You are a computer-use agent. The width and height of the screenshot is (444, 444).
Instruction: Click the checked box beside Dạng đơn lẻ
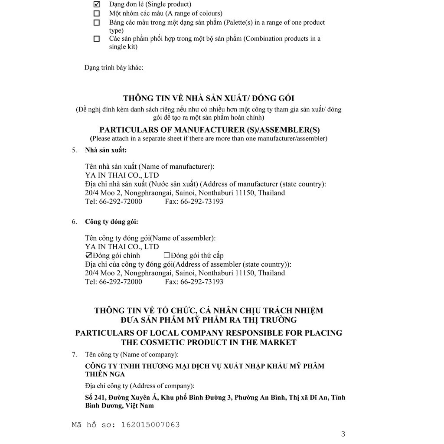[97, 4]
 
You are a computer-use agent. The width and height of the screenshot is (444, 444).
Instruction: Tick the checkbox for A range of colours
[97, 13]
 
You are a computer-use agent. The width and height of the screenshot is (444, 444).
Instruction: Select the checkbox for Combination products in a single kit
[97, 39]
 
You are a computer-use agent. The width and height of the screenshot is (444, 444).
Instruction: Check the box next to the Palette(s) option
[97, 23]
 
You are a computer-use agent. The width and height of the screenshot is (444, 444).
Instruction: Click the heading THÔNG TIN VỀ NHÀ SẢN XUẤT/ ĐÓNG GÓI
[209, 99]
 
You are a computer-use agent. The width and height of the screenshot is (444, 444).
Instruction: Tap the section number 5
[74, 150]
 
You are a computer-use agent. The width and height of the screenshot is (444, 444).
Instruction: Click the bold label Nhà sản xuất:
[106, 150]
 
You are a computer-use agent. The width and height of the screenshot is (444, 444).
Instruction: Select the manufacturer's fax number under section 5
[202, 202]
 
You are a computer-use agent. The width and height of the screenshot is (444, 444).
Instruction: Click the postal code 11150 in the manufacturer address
[246, 193]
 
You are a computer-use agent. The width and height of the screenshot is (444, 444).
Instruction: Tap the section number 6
[74, 222]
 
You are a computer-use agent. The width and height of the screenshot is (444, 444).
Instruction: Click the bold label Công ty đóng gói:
[111, 222]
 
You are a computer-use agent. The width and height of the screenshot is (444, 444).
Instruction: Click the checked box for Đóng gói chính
[89, 255]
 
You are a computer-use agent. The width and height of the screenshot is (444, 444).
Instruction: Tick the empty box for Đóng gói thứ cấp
[166, 255]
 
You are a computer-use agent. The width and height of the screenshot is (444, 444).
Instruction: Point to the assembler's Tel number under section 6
[121, 282]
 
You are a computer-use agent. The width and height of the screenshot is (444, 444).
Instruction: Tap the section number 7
[74, 354]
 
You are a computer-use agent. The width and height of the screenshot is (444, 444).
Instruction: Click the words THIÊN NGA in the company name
[105, 374]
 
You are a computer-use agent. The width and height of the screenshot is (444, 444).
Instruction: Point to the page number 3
[343, 434]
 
